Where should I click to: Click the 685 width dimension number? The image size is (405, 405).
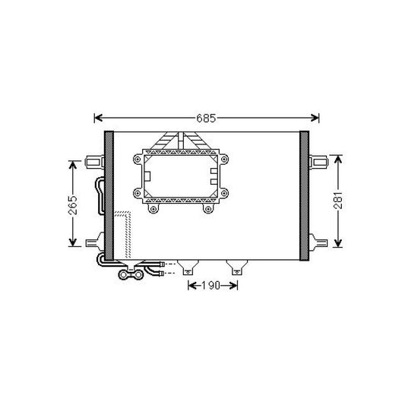(207, 118)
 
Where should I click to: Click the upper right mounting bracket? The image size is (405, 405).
(318, 160)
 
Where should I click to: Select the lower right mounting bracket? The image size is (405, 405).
(318, 244)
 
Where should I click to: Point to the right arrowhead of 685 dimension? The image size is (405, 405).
(315, 118)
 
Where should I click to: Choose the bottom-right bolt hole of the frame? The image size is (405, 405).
(207, 210)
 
